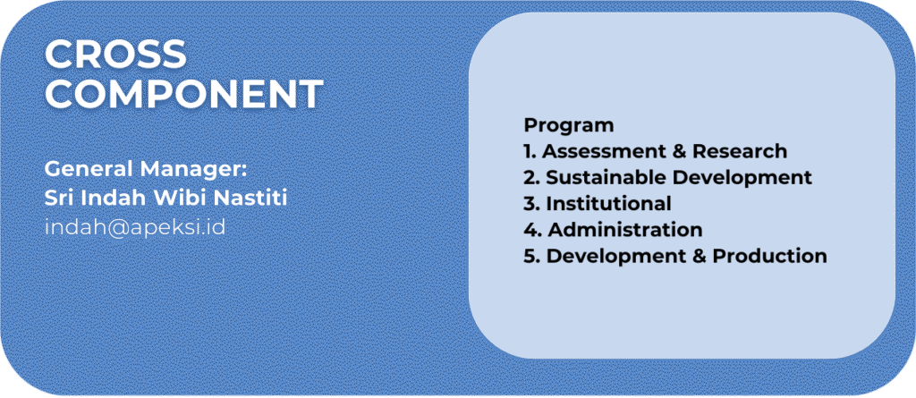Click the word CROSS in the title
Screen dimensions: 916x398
pyautogui.click(x=115, y=55)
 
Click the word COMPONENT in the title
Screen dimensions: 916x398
pyautogui.click(x=184, y=94)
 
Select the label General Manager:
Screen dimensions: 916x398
pyautogui.click(x=147, y=170)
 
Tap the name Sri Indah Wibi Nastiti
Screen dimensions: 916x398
pyautogui.click(x=165, y=199)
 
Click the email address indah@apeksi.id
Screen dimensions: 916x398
pyautogui.click(x=135, y=227)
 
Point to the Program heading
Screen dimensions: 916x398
pyautogui.click(x=569, y=126)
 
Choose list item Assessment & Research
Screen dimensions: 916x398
pyautogui.click(x=656, y=151)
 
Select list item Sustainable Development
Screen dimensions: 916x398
pyautogui.click(x=667, y=178)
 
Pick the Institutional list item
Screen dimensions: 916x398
pyautogui.click(x=597, y=204)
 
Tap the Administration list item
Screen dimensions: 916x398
pyautogui.click(x=613, y=230)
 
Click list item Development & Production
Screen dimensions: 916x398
pyautogui.click(x=675, y=257)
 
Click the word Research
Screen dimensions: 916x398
pyautogui.click(x=740, y=151)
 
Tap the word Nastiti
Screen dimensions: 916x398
pyautogui.click(x=250, y=199)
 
